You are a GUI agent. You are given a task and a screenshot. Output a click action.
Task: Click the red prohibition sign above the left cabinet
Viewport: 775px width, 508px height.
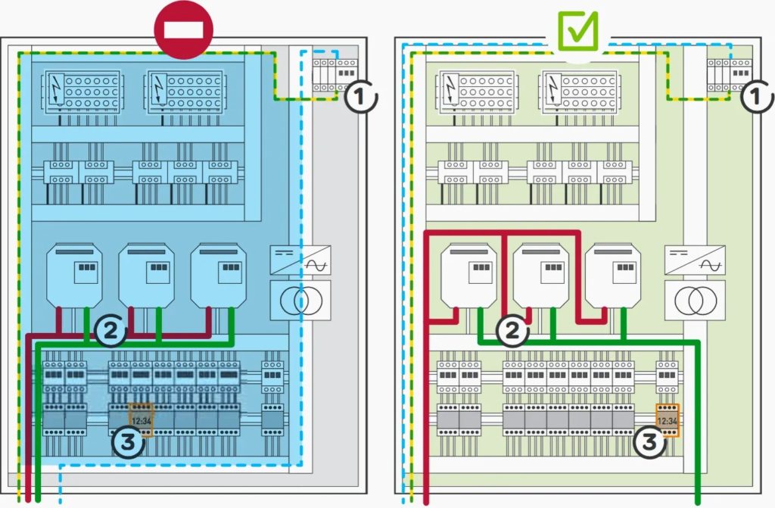point(184,30)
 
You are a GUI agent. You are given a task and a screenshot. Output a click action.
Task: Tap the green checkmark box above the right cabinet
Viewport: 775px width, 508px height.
point(577,31)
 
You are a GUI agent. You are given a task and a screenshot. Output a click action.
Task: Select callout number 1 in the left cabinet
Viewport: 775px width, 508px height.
point(360,97)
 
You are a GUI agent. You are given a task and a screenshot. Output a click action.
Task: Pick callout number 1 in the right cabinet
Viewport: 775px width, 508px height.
point(756,97)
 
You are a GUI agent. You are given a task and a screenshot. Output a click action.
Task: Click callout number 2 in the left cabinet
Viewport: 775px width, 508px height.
point(110,330)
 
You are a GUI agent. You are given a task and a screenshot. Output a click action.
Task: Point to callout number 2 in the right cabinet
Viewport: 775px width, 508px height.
point(512,330)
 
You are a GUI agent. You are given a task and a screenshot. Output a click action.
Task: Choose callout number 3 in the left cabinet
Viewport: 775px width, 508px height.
point(128,441)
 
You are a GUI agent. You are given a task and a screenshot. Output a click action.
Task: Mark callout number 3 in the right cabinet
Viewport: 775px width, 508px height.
point(649,441)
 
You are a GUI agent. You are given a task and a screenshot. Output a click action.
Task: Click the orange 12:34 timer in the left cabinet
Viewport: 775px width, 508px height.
point(142,420)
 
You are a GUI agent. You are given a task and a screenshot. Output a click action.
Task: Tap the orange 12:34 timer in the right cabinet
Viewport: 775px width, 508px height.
point(668,420)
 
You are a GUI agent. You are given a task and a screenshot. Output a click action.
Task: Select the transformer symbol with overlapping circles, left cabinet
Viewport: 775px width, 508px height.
point(300,301)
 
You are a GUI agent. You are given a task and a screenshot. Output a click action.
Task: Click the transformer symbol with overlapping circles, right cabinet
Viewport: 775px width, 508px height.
point(695,301)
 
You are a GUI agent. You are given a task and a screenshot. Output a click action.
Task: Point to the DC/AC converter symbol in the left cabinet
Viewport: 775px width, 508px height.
point(300,260)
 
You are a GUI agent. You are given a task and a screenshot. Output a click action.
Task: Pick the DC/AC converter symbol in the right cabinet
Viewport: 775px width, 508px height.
point(695,260)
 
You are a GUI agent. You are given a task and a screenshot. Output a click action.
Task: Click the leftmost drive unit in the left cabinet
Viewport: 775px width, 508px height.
point(74,276)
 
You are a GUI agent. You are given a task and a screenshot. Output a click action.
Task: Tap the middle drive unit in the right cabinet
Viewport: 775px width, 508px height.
point(540,276)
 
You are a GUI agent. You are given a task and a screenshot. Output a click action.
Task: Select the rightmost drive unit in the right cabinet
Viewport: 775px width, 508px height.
point(613,276)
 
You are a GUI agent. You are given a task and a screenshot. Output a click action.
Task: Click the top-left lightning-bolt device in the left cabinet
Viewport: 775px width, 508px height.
point(82,92)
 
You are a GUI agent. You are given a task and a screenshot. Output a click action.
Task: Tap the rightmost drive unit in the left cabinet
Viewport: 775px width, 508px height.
point(219,276)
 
